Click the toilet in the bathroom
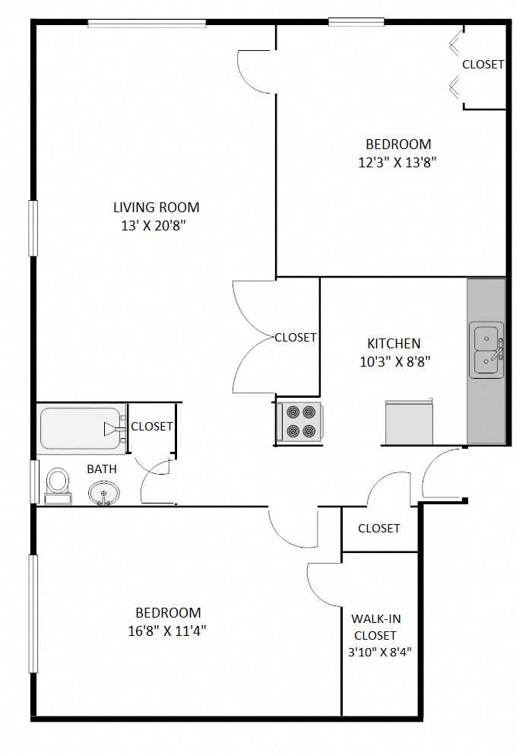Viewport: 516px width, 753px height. coord(58,486)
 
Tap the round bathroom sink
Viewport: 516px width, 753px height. coord(103,493)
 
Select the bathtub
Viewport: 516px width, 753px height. coord(81,428)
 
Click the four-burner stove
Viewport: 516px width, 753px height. coord(299,422)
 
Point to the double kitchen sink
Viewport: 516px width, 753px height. coord(486,350)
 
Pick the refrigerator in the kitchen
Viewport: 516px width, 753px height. coord(409,422)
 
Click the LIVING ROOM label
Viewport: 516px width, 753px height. coord(156,208)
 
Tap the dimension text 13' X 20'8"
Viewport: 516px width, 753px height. coord(154,225)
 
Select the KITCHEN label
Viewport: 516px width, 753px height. coord(394,343)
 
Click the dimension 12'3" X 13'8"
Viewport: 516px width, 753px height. coord(397,162)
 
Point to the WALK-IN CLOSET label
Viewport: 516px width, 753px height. coord(376,627)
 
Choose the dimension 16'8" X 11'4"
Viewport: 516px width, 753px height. coord(167,631)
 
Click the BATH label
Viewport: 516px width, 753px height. coord(102,469)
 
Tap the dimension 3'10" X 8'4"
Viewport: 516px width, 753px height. coord(380,652)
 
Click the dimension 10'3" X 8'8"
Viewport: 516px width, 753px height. coord(394,361)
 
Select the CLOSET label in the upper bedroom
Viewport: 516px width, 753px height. coord(483,65)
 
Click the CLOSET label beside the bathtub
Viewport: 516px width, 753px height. coord(152,427)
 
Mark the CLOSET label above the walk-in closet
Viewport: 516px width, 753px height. coord(378,529)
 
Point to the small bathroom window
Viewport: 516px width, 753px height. coord(33,481)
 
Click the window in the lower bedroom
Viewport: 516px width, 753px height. coord(33,614)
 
